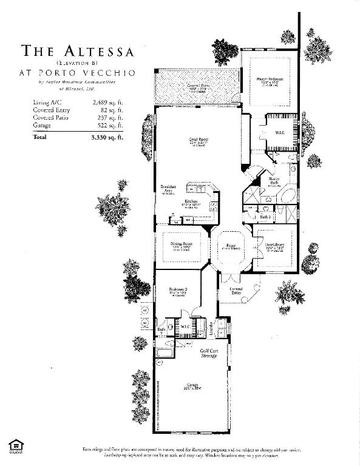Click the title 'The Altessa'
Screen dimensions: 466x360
point(78,50)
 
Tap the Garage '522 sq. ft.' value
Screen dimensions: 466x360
point(110,125)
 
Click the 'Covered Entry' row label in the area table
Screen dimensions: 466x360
point(52,110)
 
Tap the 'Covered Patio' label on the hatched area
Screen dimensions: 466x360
point(198,86)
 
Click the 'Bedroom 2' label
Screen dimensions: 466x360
point(178,291)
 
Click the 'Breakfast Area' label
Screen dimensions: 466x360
point(168,189)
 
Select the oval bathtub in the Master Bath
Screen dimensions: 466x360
point(288,197)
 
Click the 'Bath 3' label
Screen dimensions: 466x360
point(265,216)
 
